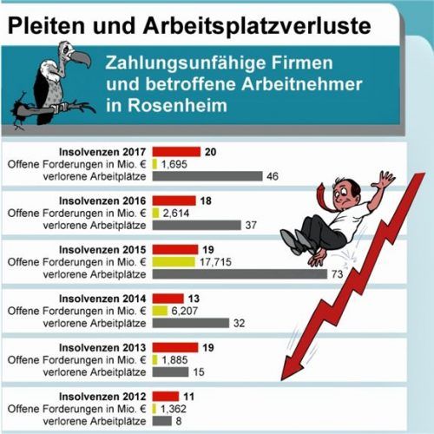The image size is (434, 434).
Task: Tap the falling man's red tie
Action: click(x=326, y=194)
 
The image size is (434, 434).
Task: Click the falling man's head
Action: click(x=345, y=187)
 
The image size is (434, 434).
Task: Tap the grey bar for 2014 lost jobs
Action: click(x=190, y=323)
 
